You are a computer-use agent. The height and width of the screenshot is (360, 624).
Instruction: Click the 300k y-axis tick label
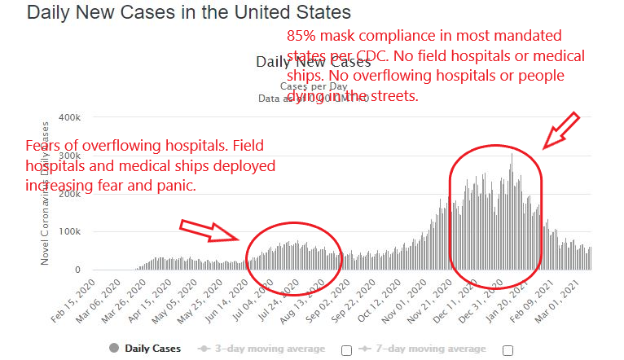(x=70, y=156)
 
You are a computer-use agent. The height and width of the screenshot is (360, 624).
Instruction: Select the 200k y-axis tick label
(x=70, y=194)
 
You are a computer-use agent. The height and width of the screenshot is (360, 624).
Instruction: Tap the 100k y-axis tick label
(x=70, y=232)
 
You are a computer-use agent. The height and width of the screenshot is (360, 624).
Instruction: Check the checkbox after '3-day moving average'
(x=346, y=350)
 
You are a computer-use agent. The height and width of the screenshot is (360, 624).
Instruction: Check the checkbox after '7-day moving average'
(x=509, y=350)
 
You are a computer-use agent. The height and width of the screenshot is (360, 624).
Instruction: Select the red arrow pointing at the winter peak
(x=561, y=130)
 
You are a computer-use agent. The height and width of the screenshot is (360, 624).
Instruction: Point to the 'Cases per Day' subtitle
(x=314, y=86)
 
